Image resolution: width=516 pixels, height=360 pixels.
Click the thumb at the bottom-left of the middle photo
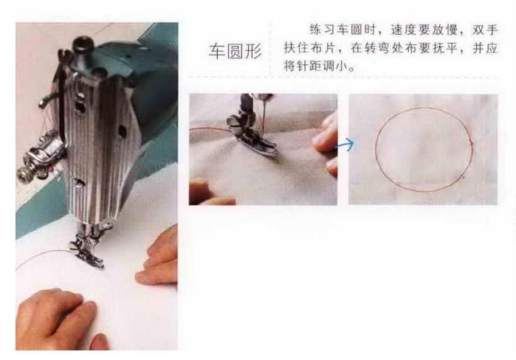pyautogui.click(x=210, y=193)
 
